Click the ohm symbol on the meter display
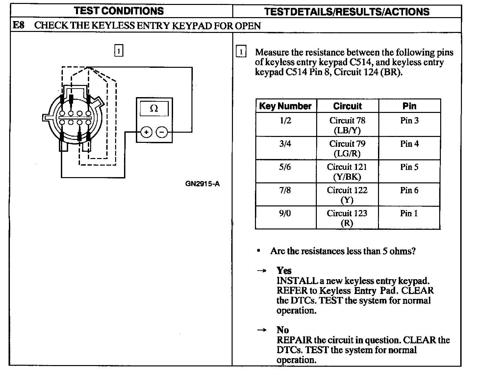coord(154,108)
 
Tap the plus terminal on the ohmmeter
coord(146,132)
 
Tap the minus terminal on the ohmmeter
coord(162,132)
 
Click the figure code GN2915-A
coord(202,184)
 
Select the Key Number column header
coord(285,106)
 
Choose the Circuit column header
coord(347,106)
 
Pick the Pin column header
coord(409,106)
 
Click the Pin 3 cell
coord(409,120)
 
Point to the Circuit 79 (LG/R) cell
coord(347,148)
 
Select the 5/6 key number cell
coord(285,167)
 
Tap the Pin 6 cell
coord(409,190)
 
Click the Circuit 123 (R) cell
coord(347,218)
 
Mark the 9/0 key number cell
coord(285,213)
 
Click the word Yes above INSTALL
coord(284,271)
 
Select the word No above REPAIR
coord(283,330)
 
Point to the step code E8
coord(18,25)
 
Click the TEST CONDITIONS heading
coord(119,11)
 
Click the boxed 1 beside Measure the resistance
coord(241,52)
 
